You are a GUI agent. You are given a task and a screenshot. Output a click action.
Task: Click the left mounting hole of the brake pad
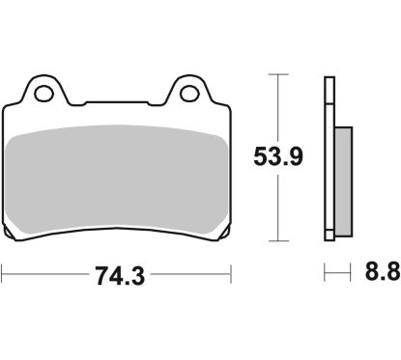coord(43,95)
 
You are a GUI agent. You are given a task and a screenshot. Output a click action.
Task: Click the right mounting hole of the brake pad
coord(189,95)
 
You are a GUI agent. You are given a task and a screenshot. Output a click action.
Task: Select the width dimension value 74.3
coord(116,276)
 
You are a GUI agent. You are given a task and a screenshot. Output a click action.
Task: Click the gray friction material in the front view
coord(116,180)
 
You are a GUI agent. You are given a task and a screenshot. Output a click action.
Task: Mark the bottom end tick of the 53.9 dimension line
coord(278,240)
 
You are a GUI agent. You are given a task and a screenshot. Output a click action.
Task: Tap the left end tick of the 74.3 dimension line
coord(3,276)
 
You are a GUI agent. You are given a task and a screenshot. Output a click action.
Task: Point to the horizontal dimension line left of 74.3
coord(43,276)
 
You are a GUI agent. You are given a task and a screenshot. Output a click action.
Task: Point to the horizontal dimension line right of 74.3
coord(188,276)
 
